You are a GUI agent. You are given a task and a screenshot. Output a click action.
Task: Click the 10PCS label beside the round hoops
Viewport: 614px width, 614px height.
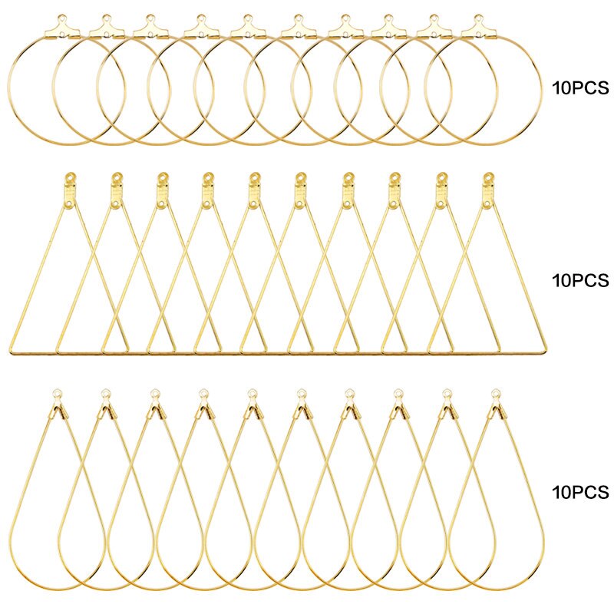coord(580,87)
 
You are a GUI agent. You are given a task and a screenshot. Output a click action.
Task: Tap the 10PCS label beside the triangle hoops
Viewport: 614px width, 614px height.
coord(580,280)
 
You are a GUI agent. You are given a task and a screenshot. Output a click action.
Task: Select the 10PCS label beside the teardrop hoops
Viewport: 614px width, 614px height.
coord(580,492)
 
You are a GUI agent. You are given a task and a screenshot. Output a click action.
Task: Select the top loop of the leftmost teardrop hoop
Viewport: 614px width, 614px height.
coord(57,392)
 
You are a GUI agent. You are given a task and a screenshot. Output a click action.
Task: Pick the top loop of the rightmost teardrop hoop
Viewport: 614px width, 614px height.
coord(496,392)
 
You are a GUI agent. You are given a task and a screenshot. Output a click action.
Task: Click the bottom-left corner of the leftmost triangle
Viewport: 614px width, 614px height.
coord(10,352)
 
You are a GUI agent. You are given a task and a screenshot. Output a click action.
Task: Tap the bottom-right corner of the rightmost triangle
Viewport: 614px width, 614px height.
coord(545,352)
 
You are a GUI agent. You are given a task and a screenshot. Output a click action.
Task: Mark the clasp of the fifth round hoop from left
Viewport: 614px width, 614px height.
coord(248,27)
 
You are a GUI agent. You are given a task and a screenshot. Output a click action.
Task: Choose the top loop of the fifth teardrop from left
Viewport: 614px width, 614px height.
coord(253,392)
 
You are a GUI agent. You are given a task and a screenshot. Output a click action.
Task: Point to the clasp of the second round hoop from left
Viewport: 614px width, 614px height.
coord(107,27)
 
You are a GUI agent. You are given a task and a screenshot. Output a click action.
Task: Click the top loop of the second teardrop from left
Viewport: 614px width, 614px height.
coord(105,392)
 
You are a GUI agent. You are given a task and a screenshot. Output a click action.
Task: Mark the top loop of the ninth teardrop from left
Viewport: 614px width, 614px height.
coord(447,392)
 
